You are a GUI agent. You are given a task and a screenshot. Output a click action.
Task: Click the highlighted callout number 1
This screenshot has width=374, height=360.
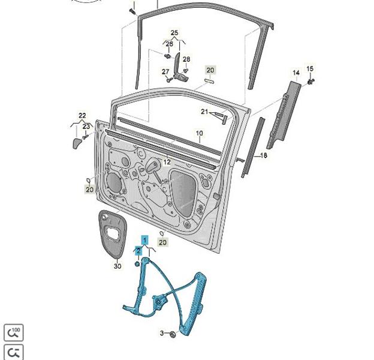tap(145, 240)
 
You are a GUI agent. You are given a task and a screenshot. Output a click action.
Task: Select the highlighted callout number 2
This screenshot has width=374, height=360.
tap(138, 251)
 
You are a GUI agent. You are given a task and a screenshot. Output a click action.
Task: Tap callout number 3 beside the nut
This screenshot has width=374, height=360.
tap(162, 333)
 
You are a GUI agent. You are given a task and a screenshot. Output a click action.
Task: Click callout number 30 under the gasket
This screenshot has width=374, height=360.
tap(117, 266)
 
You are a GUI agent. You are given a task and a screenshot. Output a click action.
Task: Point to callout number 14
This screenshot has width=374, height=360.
tap(296, 73)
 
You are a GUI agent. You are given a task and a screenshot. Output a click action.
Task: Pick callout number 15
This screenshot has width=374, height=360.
tap(310, 69)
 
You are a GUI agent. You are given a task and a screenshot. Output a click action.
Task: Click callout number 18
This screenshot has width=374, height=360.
tap(263, 155)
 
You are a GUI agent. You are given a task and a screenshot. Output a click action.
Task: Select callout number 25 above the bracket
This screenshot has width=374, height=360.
tap(174, 33)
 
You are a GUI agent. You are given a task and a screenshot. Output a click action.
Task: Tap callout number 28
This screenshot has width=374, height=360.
tap(186, 59)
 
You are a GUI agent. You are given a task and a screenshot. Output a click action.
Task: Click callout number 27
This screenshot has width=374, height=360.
tap(165, 71)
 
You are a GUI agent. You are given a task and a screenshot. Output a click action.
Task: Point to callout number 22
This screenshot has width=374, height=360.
tap(82, 116)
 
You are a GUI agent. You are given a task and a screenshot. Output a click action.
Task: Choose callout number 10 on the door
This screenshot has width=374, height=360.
tap(200, 133)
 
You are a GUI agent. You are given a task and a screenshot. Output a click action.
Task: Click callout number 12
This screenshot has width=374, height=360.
tap(167, 162)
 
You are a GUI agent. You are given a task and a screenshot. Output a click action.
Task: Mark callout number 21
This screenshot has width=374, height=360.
tap(204, 112)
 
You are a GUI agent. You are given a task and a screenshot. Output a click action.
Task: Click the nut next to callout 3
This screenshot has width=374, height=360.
tap(173, 334)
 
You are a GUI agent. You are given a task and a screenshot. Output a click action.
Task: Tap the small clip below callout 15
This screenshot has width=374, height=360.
tap(311, 82)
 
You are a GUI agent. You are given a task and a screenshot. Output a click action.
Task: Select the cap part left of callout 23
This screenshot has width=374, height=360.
tap(77, 143)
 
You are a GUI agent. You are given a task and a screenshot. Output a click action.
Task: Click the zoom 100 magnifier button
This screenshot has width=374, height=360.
tap(14, 332)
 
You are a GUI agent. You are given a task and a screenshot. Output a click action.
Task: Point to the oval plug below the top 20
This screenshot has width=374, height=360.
tap(209, 81)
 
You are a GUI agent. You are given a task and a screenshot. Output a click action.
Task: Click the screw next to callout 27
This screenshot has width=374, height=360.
tap(170, 80)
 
